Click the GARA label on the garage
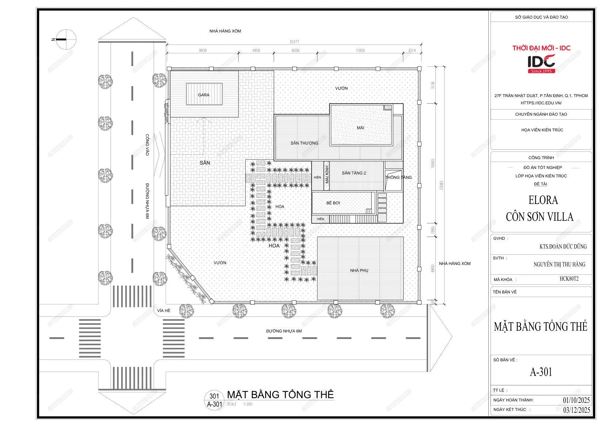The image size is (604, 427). tap(204, 95)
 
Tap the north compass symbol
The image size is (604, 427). tap(65, 39)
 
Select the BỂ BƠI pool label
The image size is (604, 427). tap(333, 203)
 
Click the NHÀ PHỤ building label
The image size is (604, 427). tap(359, 270)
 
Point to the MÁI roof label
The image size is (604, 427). tap(361, 128)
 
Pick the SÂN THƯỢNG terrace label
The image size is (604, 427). tap(304, 143)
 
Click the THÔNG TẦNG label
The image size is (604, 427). tap(399, 177)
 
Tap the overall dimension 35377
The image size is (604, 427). tap(294, 42)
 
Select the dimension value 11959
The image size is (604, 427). tap(360, 50)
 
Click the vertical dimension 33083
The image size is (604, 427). tap(442, 185)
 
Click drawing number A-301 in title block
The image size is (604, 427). tap(541, 372)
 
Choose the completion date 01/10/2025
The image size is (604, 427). tap(576, 400)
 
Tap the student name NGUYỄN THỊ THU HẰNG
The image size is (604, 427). tap(559, 264)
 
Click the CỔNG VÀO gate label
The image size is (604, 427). tap(147, 145)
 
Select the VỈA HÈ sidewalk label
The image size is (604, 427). tap(164, 311)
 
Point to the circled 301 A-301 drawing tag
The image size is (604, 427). tap(214, 400)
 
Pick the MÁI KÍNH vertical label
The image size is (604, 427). tap(327, 174)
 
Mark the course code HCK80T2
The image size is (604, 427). tap(569, 279)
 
